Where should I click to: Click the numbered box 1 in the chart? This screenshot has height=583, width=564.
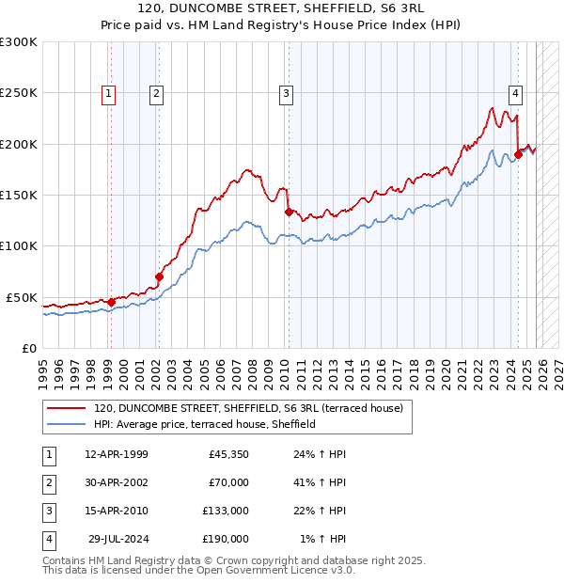[109, 93]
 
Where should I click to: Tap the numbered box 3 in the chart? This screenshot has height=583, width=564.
[285, 93]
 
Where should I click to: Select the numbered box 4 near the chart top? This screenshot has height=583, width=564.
[516, 93]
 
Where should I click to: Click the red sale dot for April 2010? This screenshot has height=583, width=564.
[289, 213]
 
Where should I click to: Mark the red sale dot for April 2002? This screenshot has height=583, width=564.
[159, 276]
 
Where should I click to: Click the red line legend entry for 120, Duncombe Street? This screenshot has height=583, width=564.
[248, 408]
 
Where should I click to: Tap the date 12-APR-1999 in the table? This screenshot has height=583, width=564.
[117, 455]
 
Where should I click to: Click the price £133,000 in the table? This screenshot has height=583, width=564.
[226, 511]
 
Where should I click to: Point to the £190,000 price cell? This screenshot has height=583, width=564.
[226, 539]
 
